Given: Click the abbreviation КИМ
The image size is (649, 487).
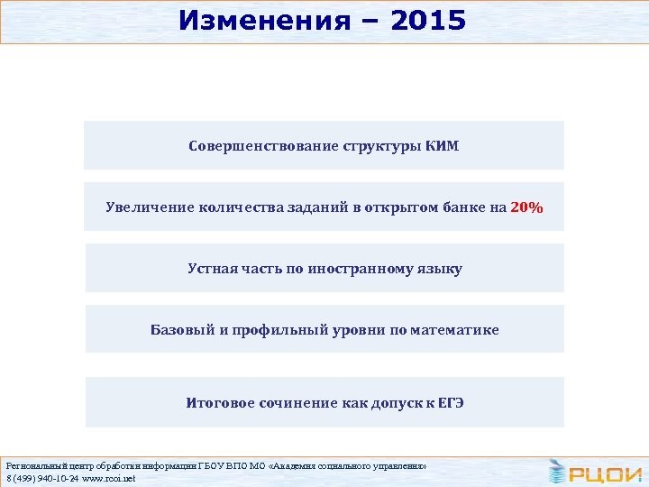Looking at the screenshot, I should pos(441,146).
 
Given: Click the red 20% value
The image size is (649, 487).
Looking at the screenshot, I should pos(526,207).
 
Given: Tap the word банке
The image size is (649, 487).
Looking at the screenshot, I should pos(465,207).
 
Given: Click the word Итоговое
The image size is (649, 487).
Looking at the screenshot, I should pos(221,402).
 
